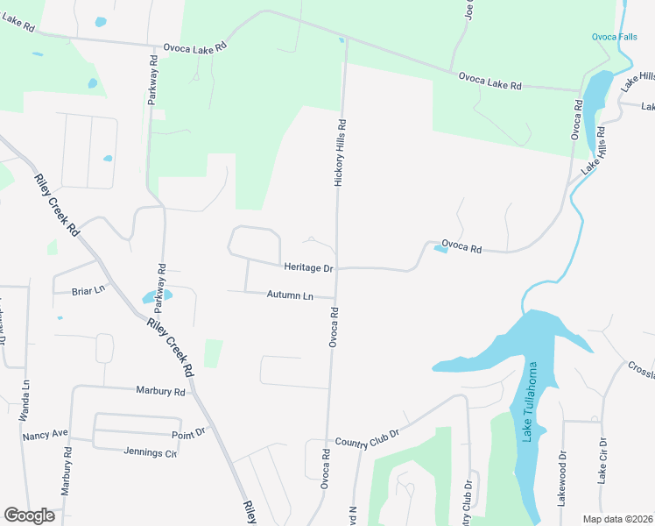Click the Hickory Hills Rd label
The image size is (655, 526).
point(341,153)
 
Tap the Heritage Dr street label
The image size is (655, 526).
point(308,267)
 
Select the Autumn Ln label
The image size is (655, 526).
point(290,295)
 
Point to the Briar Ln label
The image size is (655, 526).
point(88,289)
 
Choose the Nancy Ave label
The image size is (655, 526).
point(46,436)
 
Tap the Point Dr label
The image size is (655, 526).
point(188,432)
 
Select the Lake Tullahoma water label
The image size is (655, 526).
point(529,402)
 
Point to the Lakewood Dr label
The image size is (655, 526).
point(562,480)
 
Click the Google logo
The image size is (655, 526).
point(29,515)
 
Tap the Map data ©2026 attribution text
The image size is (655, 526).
point(617,519)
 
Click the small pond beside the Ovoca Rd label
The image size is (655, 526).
point(440,250)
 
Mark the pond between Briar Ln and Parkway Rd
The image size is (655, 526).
point(156,296)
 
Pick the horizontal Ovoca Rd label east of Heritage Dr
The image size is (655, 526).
point(461,248)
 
